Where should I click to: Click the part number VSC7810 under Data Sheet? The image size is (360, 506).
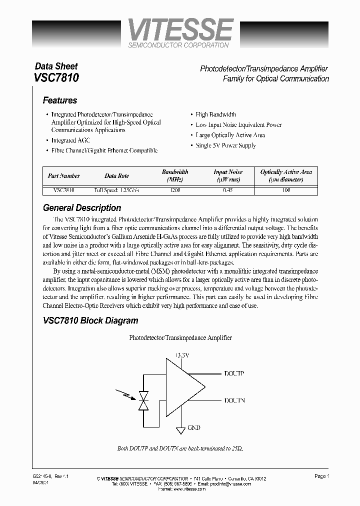point(56,78)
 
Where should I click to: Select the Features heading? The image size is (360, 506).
point(60,100)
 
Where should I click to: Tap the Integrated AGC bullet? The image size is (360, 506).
point(70,140)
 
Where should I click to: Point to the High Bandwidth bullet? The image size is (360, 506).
point(216,114)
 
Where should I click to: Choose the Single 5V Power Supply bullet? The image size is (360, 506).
point(225,145)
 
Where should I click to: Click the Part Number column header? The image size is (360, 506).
point(63,176)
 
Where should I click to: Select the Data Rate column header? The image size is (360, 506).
point(116,176)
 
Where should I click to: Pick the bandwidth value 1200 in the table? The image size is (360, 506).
point(175,190)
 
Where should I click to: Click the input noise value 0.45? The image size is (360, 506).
point(228,190)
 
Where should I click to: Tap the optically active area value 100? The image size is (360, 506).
point(286,190)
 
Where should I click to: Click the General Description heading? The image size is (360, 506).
point(82,208)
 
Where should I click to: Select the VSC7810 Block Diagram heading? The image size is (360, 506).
point(90,320)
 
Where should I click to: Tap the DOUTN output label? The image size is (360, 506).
point(234,401)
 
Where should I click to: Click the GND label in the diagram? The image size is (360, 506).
point(194,428)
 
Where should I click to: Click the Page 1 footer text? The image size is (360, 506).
point(322,476)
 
